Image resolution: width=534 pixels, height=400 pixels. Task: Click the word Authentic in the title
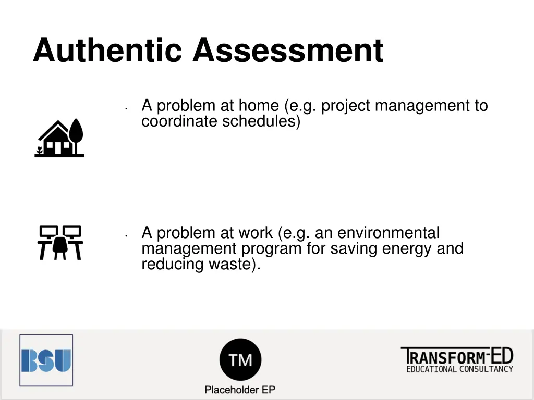107,51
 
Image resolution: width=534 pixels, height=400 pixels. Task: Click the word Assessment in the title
287,51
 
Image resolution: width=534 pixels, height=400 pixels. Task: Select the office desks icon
60,242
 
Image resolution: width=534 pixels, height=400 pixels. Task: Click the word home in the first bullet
258,106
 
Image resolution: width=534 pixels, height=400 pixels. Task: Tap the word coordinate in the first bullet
179,121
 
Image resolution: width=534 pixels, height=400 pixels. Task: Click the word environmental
389,233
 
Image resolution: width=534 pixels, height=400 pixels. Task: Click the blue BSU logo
46,360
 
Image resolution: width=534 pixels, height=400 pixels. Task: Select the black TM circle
240,359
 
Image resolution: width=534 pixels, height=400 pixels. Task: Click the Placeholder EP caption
240,390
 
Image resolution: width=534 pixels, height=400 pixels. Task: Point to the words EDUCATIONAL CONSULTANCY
459,369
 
